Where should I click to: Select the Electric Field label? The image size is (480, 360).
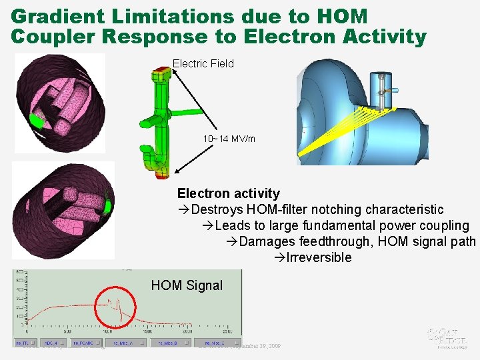[x=203, y=64]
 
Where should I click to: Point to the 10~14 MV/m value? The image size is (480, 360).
[x=229, y=139]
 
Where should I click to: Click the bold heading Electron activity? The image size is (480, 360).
[x=228, y=193]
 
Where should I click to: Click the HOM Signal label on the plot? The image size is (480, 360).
[x=187, y=285]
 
